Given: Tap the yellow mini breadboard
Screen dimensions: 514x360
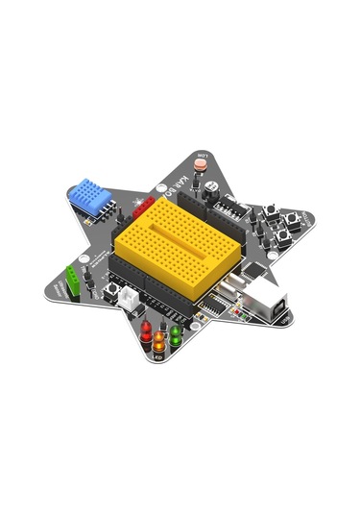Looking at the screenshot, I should [176, 251].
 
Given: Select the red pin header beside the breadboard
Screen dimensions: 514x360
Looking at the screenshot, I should [144, 207].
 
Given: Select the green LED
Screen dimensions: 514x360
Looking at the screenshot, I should [176, 333].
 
